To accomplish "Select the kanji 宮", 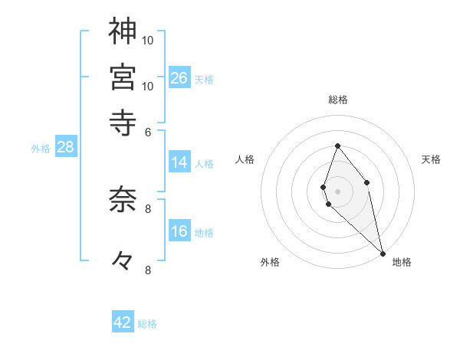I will [123, 77].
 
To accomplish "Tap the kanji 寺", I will [123, 121].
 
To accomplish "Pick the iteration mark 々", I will [123, 260].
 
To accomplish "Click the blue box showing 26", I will [179, 78].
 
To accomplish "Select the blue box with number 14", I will [179, 162].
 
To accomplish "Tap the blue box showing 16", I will [179, 232].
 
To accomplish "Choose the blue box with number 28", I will [65, 148].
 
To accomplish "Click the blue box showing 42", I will [123, 322].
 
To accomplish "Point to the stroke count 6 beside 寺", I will [149, 131].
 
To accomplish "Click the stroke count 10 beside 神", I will [149, 40].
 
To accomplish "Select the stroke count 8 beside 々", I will [149, 270].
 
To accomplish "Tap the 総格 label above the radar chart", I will [337, 100].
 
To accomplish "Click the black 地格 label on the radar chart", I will [402, 263].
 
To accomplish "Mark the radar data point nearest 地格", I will [382, 253].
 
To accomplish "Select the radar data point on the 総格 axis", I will [337, 146].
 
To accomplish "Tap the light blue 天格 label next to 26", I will [204, 79].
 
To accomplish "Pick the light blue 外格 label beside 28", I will [41, 149].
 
